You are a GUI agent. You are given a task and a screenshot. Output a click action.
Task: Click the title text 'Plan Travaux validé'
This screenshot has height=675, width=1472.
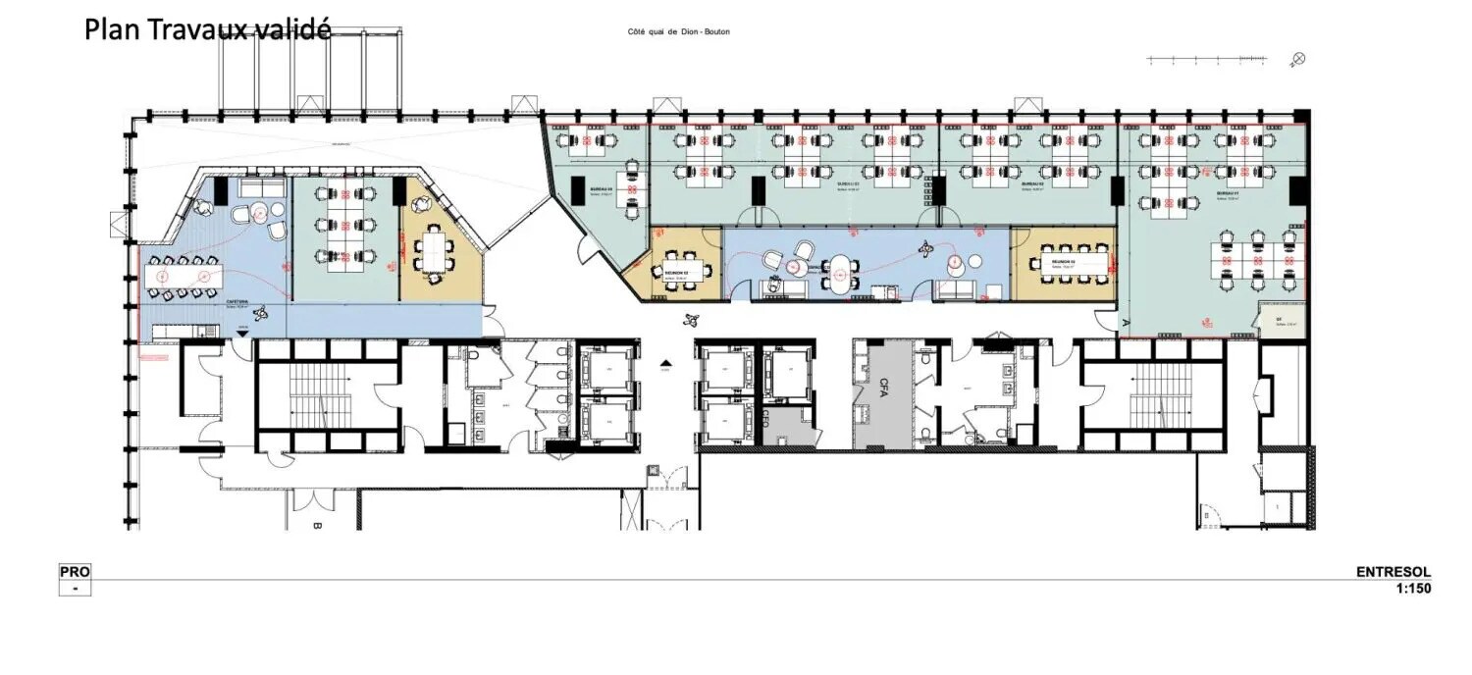pos(207,29)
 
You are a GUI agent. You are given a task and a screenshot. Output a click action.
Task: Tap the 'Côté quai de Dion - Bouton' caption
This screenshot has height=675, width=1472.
pos(679,32)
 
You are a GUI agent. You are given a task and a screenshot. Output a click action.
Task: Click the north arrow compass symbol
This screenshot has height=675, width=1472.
pos(1298,59)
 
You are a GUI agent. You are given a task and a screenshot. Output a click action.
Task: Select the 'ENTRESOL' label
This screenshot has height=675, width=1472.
pos(1393,572)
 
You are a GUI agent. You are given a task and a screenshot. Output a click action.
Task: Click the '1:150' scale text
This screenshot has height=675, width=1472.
pos(1413,589)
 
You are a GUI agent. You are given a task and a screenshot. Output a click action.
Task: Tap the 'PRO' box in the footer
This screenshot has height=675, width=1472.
pos(75,572)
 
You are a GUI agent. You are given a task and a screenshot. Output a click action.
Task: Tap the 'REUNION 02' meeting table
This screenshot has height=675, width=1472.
pos(677,271)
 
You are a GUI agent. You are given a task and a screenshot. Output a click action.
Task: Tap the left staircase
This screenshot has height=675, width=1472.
pos(327,395)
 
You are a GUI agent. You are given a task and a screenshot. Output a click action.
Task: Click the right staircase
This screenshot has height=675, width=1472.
pos(1153,395)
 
